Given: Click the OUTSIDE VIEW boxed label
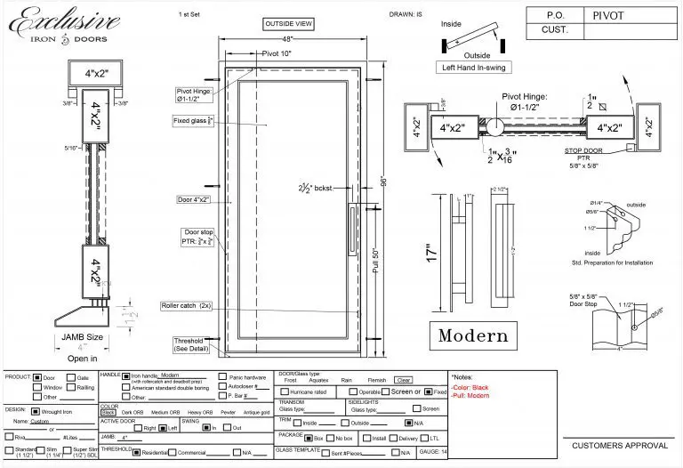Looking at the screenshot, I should pos(288,24).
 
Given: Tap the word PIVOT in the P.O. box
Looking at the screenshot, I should pos(610,14).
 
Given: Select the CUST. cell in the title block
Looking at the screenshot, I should pos(554,31).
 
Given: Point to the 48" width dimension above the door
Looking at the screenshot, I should pos(288,40).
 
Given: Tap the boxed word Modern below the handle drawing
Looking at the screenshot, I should pos(473,335).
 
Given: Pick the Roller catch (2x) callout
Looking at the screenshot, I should pos(186,305).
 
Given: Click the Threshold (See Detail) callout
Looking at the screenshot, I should pos(188,345).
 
